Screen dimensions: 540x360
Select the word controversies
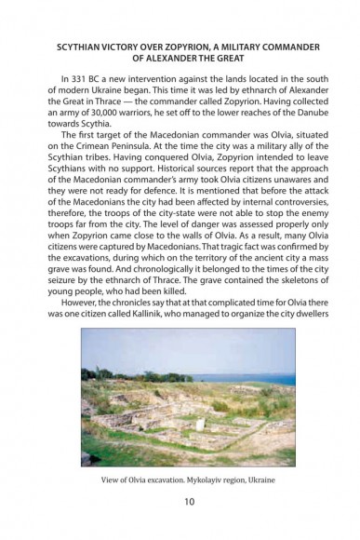(273, 226)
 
